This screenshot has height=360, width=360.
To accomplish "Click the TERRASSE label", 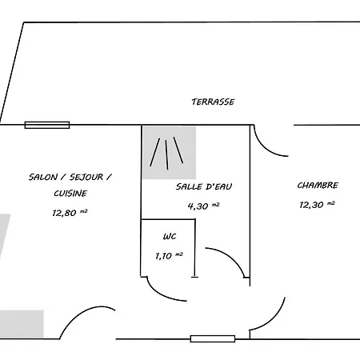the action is coord(213,102).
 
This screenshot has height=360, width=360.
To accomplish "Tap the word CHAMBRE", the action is coord(318,185).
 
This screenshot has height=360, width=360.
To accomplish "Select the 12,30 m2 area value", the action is coord(317,205).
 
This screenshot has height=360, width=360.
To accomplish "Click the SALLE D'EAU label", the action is coord(204,186).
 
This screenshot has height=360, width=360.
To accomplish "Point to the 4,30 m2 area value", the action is coord(203,206).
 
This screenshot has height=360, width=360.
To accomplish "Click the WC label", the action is coord(170,236).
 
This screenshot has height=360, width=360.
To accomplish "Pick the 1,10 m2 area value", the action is coord(169,256).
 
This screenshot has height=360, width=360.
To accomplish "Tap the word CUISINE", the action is coord(70,193).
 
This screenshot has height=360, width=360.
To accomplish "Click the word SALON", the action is coord(43,177).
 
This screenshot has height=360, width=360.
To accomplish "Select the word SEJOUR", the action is coord(86,177).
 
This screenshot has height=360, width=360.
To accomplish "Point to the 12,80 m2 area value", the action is coord(70,213).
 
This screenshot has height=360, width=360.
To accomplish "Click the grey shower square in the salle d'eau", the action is coord(169,153).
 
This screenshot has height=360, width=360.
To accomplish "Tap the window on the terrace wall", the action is coord(47,125).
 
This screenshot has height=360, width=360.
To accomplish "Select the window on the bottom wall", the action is coord(213,338).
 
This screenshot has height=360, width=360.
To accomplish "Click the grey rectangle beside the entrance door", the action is coord(22,324).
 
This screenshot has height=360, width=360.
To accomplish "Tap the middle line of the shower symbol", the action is coord(166,154).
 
